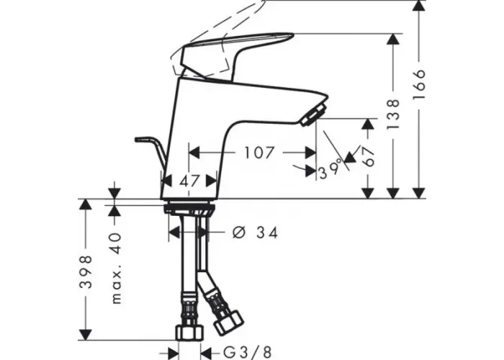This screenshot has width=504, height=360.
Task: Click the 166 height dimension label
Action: tap(420, 84)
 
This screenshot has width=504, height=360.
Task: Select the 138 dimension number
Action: tap(393, 114)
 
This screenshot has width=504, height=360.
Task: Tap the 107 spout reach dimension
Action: tap(259, 153)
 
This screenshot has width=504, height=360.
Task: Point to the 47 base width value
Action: tap(189, 181)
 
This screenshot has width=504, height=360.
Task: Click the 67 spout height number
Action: tap(370, 156)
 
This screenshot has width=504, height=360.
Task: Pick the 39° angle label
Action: tap(330, 169)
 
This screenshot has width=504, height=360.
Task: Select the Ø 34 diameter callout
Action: tap(255, 232)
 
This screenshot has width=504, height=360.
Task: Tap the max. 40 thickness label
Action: tap(116, 269)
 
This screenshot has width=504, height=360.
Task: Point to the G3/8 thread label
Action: tap(247, 352)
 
